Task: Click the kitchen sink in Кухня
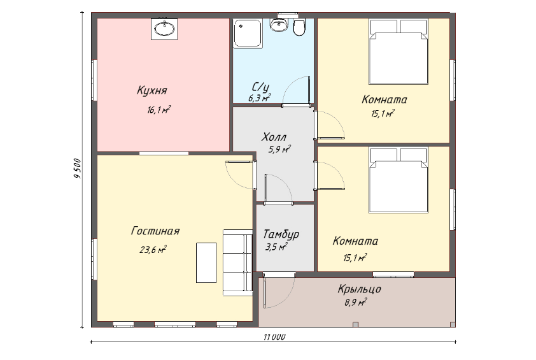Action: pos(164,29)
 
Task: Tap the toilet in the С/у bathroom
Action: pos(299,28)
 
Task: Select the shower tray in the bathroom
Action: pos(248,33)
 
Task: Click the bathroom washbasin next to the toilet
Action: pos(279,25)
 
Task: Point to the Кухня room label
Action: pos(152,90)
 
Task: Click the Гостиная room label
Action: pos(155,231)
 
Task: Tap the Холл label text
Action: pos(274,137)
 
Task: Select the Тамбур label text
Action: pos(281,234)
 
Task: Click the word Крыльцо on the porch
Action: pos(359,289)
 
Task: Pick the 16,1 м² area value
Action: pos(159,110)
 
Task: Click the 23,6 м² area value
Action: pos(153,250)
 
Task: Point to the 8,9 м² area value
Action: pos(356,302)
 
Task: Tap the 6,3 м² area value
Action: pos(260,98)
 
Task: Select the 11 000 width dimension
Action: pos(274,337)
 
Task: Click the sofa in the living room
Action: pos(237,263)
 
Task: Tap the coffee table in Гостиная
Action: pos(206,263)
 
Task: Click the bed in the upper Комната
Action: pos(398,52)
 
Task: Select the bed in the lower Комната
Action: pos(398,180)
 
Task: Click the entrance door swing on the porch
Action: pos(279,290)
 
